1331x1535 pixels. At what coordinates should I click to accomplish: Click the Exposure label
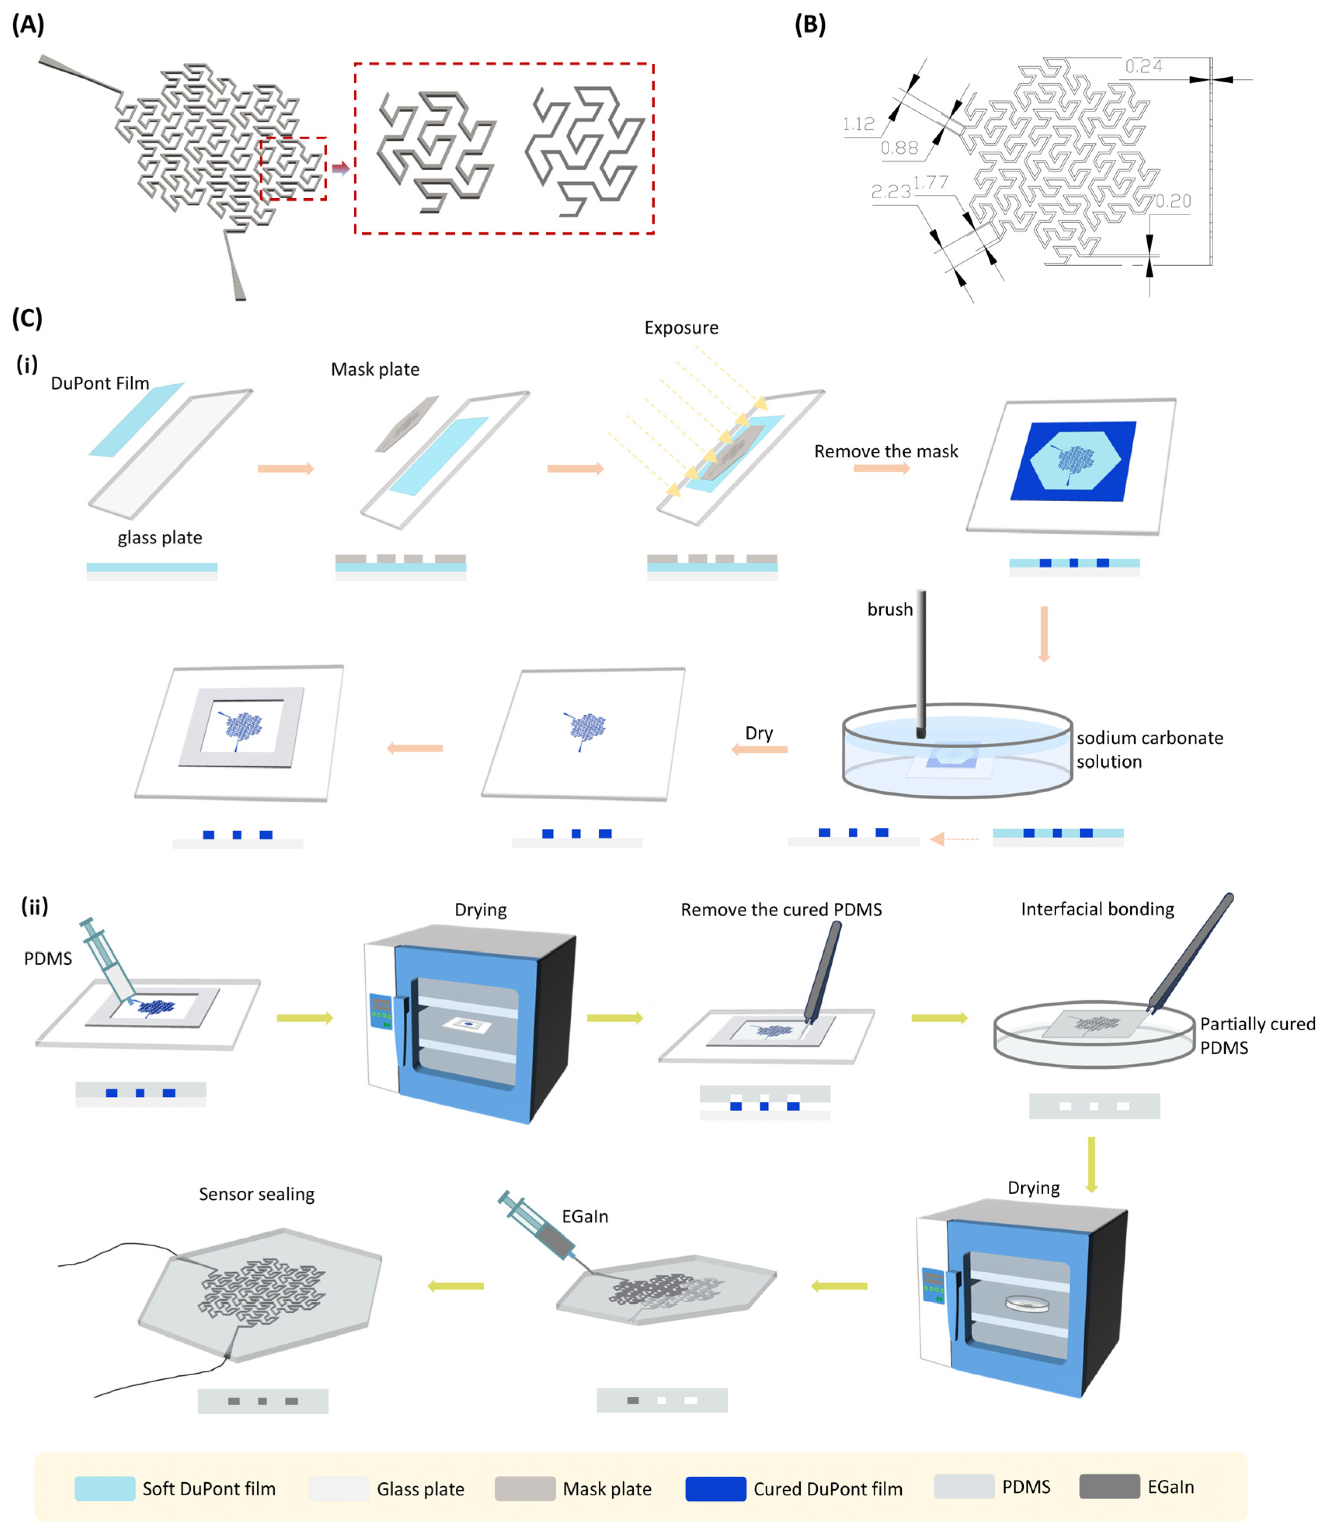click(x=681, y=328)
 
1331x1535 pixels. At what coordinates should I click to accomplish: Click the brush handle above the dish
click(x=921, y=654)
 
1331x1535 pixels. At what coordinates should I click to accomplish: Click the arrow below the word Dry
click(x=759, y=750)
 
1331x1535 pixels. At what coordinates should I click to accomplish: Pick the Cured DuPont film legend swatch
click(x=715, y=1488)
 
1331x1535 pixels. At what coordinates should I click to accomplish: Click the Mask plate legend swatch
click(x=524, y=1488)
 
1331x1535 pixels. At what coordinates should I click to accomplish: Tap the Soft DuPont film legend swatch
click(x=105, y=1488)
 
